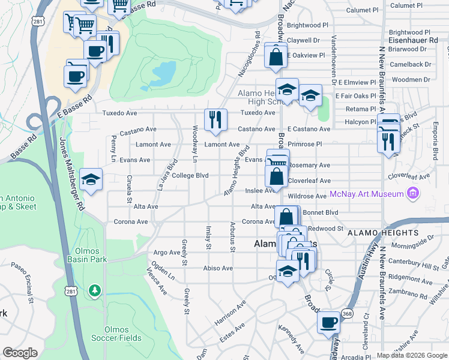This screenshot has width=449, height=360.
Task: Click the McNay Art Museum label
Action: (366, 194)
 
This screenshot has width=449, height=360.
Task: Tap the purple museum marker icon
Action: (412, 194)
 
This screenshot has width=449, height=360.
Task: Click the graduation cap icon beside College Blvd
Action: (91, 179)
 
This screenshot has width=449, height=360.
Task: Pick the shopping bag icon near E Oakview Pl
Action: (275, 56)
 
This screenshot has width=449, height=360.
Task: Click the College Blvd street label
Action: (190, 176)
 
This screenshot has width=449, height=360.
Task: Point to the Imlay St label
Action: (208, 238)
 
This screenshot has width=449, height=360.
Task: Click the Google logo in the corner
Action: (20, 353)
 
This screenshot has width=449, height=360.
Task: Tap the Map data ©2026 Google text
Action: (411, 355)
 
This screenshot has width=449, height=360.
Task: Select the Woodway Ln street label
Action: (194, 144)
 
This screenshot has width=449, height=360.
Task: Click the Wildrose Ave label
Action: (307, 196)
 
